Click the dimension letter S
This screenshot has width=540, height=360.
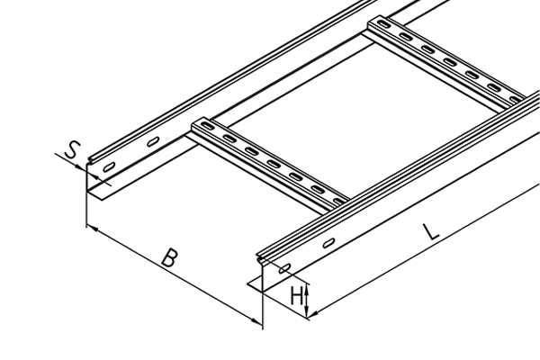coord(73,149)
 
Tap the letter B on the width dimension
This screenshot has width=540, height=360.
coord(170,257)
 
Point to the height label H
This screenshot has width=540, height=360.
coord(297,296)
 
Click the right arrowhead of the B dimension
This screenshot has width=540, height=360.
coord(256,321)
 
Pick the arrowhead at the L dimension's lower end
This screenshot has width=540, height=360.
coord(313,313)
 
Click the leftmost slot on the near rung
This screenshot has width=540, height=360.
coord(207,126)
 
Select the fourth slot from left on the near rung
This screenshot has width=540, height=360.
coord(274,164)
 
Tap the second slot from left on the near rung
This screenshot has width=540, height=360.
coord(229,139)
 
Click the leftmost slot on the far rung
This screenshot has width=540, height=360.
coord(382,24)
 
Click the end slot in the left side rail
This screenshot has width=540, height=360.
coord(109,167)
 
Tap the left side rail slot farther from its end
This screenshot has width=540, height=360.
coord(153,141)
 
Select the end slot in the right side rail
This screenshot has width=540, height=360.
coord(284,268)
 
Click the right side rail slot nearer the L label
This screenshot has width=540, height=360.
coord(328,242)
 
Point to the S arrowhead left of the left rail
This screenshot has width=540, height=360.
coord(81,167)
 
